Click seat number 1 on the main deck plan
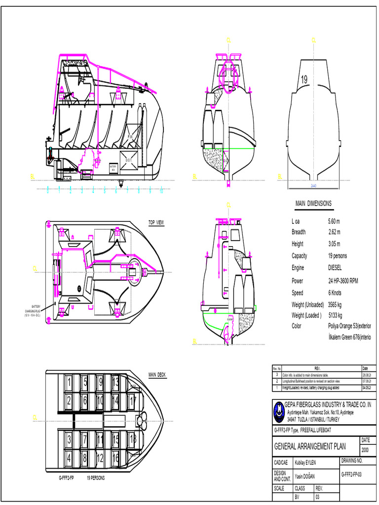pos(70,382)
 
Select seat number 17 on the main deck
pos(133,400)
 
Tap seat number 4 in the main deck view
pos(70,457)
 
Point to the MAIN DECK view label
pos(157,375)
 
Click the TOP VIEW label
pos(156,223)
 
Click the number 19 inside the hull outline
pos(304,80)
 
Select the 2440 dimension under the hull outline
pos(313,186)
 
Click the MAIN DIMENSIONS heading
pos(313,204)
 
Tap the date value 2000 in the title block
pos(365,450)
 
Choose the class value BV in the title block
pos(297,498)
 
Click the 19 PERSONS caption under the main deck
pos(96,478)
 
